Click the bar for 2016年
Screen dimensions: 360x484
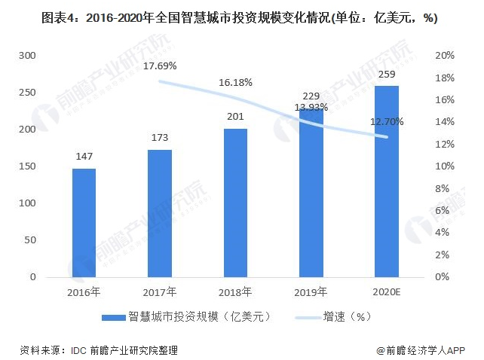pos(84,222)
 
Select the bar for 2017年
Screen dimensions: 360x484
pos(159,213)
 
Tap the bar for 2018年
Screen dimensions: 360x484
pos(235,203)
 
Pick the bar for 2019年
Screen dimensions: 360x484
pos(311,193)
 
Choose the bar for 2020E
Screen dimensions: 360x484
pos(387,182)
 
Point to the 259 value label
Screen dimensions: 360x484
pos(387,74)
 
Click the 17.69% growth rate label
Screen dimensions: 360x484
pos(160,66)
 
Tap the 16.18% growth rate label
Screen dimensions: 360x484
pos(235,82)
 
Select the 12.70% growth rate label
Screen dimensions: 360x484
pos(388,121)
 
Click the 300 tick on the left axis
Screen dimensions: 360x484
pos(26,56)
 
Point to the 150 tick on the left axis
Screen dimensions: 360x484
pos(26,166)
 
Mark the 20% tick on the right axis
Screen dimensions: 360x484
pos(444,56)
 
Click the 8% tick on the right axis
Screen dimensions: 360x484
pos(444,188)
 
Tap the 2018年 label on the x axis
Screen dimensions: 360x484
pos(235,291)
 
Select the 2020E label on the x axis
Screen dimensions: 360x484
pos(387,291)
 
